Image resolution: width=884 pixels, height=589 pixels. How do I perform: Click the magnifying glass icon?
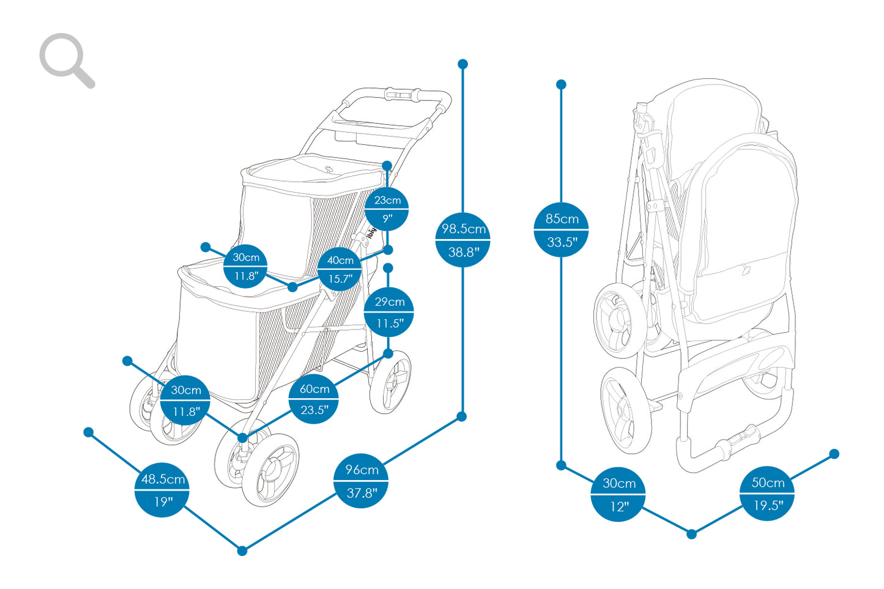(66, 60)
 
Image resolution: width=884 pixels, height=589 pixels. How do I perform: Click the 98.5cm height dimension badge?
(463, 240)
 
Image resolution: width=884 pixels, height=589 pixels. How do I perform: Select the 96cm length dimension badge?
(361, 481)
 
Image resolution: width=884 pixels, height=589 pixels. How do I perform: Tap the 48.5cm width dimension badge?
(162, 490)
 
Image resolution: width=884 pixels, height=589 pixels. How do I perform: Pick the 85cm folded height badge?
(561, 229)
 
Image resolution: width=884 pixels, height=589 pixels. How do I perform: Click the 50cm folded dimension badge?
(767, 494)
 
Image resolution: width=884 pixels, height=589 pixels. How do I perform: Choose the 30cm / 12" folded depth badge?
(618, 494)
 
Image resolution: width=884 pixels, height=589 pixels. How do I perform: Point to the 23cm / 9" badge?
(387, 209)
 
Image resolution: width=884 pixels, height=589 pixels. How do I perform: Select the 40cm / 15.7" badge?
(340, 269)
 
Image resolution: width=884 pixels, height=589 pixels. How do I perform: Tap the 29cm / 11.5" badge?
(389, 312)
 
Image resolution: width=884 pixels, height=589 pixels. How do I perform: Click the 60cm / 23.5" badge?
(314, 399)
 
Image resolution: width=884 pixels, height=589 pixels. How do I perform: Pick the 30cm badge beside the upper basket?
(245, 266)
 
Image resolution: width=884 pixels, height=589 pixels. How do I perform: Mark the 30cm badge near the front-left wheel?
(185, 400)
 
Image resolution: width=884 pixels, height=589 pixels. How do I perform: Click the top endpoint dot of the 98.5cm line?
(463, 64)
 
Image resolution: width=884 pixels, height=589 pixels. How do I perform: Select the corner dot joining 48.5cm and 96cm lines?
(242, 550)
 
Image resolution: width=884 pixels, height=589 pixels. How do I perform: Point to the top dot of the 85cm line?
(561, 84)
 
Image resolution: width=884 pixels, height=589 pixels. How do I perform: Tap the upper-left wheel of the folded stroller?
(619, 321)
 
